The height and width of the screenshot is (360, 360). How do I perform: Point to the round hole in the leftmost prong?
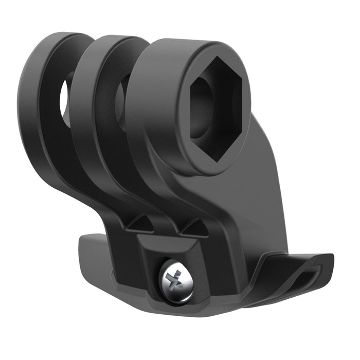pyautogui.click(x=66, y=98)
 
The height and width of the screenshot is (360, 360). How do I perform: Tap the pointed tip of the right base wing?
pyautogui.click(x=332, y=257)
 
